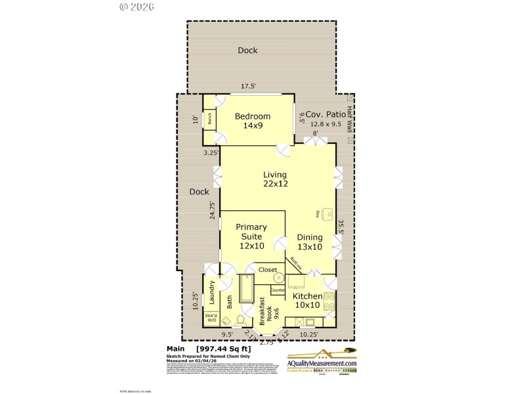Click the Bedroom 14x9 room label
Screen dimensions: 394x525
click(x=252, y=120)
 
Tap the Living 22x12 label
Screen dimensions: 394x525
click(x=275, y=179)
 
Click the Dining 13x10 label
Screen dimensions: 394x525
click(x=309, y=242)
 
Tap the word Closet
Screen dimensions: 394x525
click(x=267, y=270)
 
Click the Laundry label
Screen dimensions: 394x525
click(x=212, y=293)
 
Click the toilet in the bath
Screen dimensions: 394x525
click(x=240, y=320)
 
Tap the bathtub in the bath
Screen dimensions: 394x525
click(x=246, y=289)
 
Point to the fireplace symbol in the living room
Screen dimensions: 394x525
click(x=328, y=214)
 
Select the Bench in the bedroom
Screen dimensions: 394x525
click(x=210, y=119)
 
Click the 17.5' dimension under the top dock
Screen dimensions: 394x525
click(x=247, y=86)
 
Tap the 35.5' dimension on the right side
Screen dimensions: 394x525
click(x=341, y=227)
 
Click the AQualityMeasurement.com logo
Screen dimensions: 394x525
click(x=322, y=363)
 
